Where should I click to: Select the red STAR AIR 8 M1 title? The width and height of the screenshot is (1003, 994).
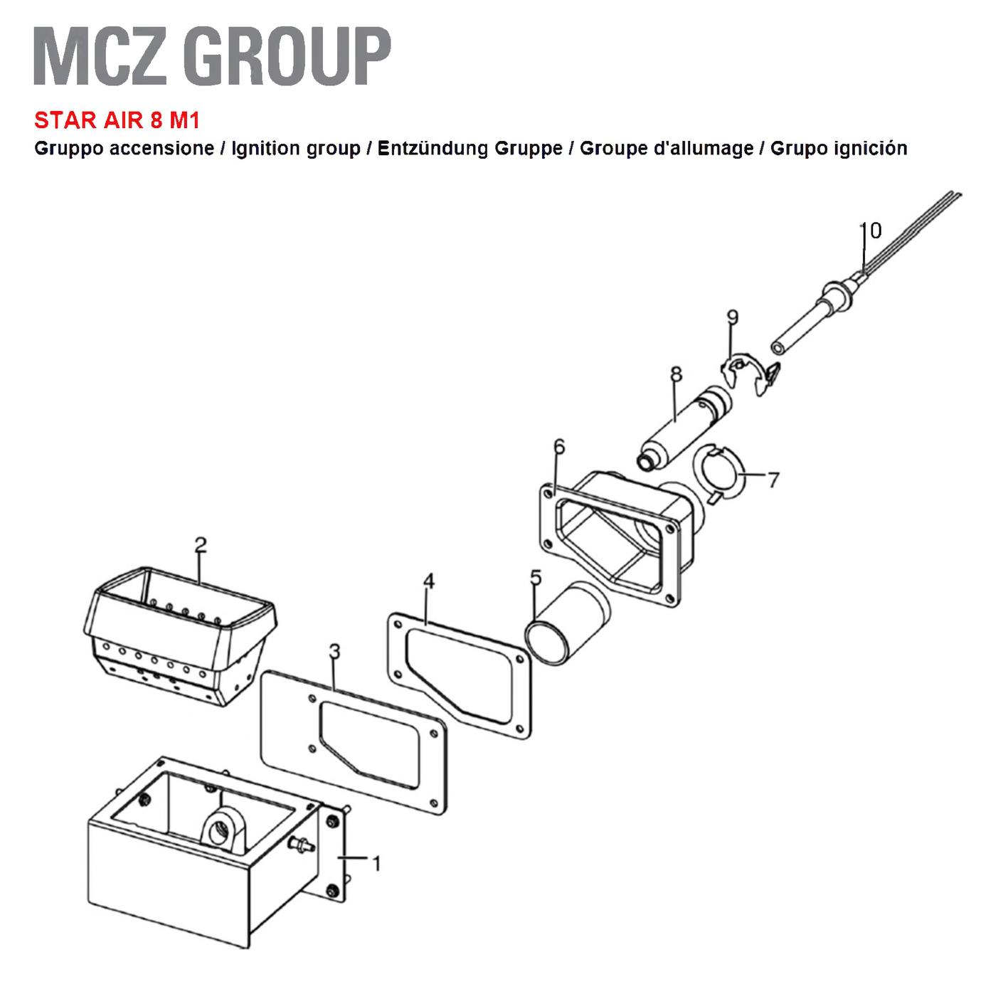coord(117,120)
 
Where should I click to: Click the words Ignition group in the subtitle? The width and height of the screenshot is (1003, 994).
coord(296,148)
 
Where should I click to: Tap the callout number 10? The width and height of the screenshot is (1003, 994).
coord(871,231)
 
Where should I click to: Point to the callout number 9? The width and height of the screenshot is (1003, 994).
coord(732,317)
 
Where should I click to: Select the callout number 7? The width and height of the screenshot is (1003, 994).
coord(773,479)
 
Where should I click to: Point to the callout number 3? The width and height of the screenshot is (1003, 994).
coord(334,651)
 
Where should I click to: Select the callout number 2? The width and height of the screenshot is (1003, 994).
coord(201,545)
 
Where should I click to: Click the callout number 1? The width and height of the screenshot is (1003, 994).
coord(376,864)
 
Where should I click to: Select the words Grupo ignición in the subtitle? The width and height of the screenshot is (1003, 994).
coord(839,148)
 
